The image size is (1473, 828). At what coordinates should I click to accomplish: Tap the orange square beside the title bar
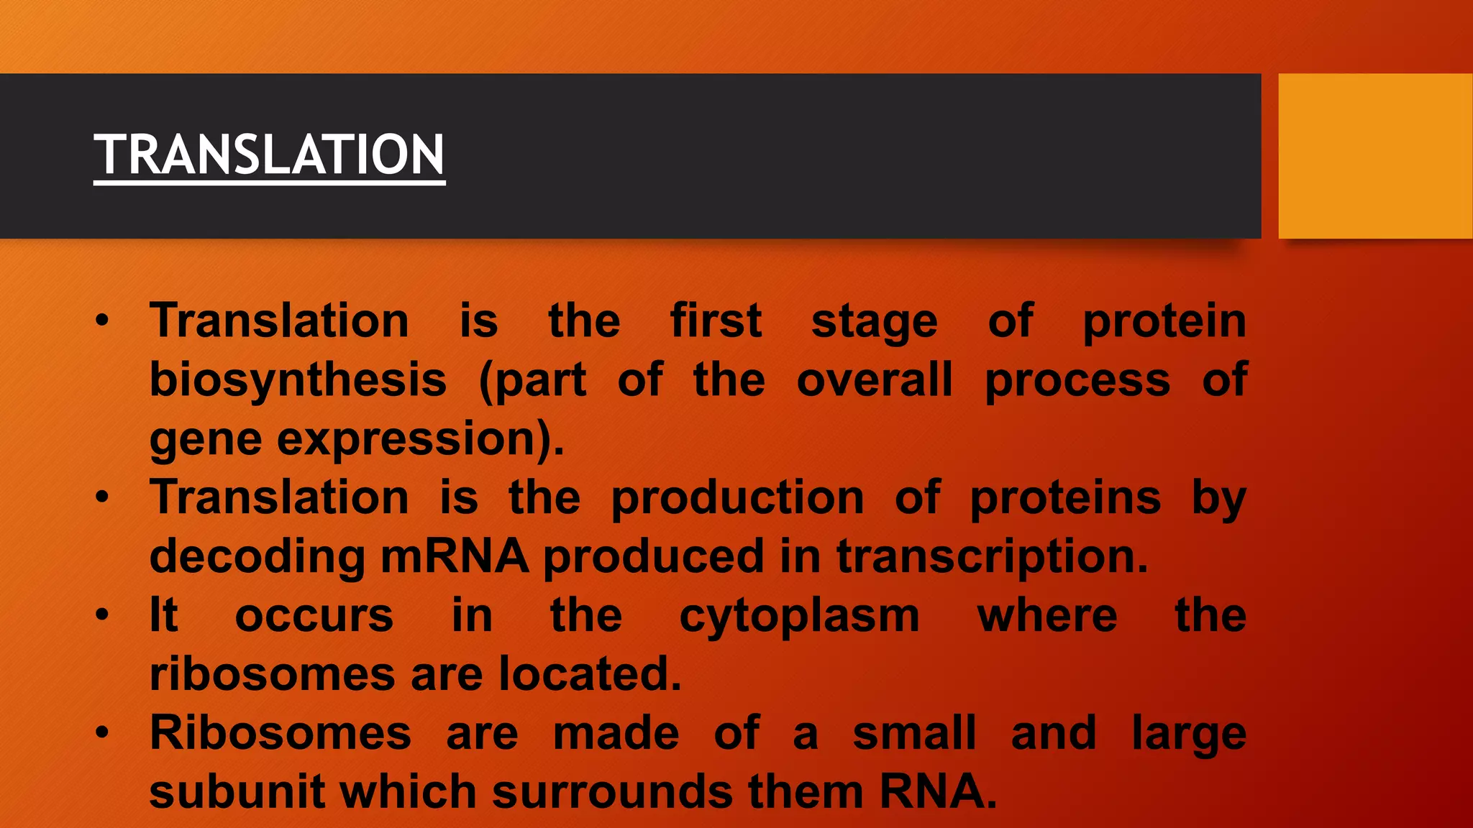click(1374, 156)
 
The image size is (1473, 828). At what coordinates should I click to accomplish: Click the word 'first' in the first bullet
click(716, 321)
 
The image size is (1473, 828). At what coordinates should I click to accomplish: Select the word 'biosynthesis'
click(298, 380)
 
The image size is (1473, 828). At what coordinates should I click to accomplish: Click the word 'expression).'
click(421, 439)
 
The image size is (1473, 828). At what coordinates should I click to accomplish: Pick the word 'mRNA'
click(455, 557)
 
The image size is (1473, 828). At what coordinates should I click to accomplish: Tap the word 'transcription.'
click(993, 557)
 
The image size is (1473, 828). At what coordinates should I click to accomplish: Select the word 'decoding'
click(257, 557)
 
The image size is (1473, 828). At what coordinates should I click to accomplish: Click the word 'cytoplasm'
click(799, 617)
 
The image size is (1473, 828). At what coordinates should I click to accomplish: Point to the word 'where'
click(1047, 616)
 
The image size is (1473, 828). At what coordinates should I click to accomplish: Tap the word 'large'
click(1189, 735)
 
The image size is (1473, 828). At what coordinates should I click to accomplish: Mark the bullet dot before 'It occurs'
click(103, 615)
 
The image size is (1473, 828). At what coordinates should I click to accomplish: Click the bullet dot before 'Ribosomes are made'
click(103, 732)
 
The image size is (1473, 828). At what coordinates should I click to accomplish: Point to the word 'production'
click(737, 498)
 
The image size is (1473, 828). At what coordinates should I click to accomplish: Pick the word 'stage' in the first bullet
click(875, 322)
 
